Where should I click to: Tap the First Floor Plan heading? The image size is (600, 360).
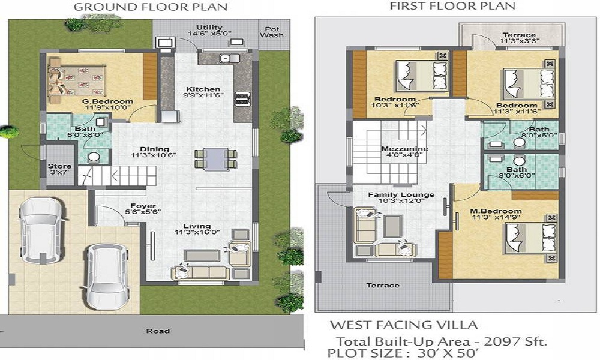point(452,7)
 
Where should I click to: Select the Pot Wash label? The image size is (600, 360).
point(271,31)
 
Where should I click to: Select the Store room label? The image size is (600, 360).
point(59,166)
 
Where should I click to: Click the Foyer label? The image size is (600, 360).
point(143,206)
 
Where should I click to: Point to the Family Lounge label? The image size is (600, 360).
point(401,195)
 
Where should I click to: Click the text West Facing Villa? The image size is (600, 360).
point(403,325)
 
